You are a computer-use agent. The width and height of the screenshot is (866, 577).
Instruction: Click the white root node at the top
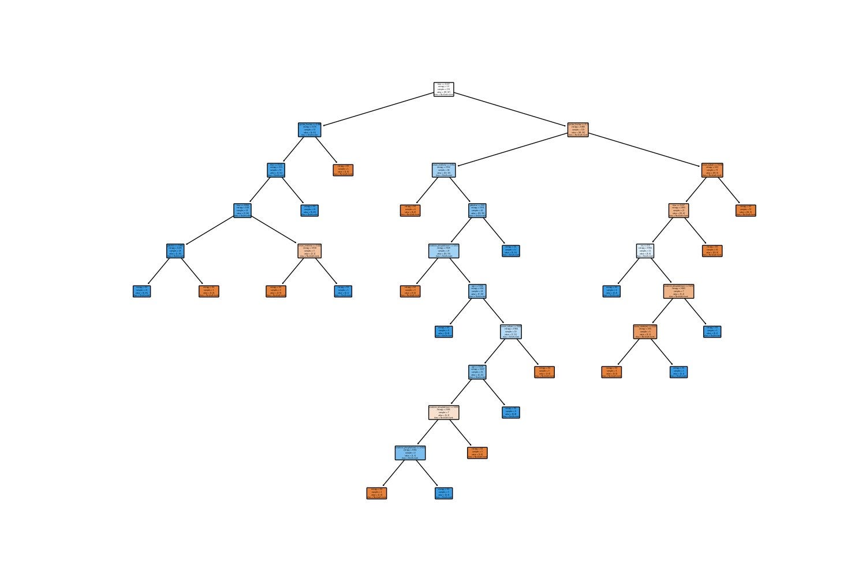[x=443, y=89]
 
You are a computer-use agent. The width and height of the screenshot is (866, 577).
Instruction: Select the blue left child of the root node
[x=309, y=130]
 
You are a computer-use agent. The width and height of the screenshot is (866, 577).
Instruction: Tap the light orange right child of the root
[x=578, y=130]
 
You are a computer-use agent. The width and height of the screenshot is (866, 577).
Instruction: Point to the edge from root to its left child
[x=376, y=109]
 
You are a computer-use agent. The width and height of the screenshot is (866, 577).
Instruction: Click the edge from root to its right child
[x=511, y=109]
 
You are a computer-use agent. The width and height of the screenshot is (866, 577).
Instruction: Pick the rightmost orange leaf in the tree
[x=746, y=211]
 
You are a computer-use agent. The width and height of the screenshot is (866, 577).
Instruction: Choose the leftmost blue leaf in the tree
[x=142, y=291]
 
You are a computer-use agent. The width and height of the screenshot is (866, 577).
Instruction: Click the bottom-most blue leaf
[x=443, y=493]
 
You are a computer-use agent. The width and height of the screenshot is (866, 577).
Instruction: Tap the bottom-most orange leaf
[x=376, y=493]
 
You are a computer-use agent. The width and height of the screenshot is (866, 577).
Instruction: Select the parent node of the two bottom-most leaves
[x=410, y=453]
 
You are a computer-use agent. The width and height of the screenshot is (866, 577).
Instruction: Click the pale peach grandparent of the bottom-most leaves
[x=443, y=413]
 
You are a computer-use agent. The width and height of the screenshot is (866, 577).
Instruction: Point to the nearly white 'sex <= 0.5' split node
[x=645, y=251]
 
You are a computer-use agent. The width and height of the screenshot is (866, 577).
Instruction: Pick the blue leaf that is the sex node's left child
[x=612, y=291]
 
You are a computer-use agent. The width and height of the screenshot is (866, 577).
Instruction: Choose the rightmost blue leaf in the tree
[x=712, y=332]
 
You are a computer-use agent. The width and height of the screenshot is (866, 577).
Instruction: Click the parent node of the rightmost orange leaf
[x=712, y=170]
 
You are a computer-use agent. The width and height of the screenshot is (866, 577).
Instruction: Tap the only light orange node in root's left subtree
[x=309, y=251]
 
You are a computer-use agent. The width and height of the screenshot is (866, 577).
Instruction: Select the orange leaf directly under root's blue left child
[x=343, y=170]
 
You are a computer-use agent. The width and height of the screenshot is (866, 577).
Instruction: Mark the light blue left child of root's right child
[x=443, y=170]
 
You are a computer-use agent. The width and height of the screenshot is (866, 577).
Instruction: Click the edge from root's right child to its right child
[x=645, y=150]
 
